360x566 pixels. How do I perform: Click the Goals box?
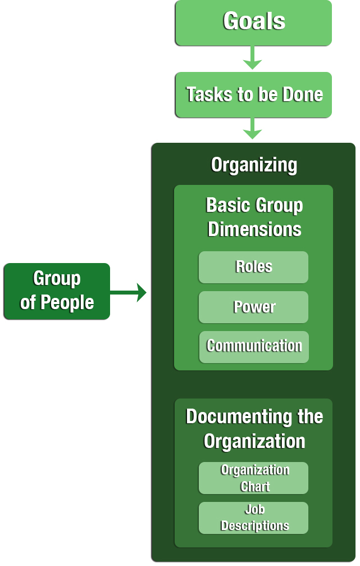253,22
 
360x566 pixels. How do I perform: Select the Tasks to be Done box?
253,94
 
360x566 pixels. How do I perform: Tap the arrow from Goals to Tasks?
253,57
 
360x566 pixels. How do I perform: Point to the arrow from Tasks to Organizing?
253,129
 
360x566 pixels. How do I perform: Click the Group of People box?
57,291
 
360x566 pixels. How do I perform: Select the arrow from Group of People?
129,292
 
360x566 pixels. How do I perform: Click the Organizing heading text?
254,165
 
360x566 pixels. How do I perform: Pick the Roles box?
253,267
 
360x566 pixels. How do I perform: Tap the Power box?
253,307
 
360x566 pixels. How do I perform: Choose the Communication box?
254,347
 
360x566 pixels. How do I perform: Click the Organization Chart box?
253,478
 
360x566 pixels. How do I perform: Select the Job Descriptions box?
253,518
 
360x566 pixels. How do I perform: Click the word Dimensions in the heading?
254,229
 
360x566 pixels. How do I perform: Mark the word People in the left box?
67,302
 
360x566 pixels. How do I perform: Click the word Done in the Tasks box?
303,94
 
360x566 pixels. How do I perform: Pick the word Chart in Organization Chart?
255,486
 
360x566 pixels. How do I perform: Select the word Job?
255,509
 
